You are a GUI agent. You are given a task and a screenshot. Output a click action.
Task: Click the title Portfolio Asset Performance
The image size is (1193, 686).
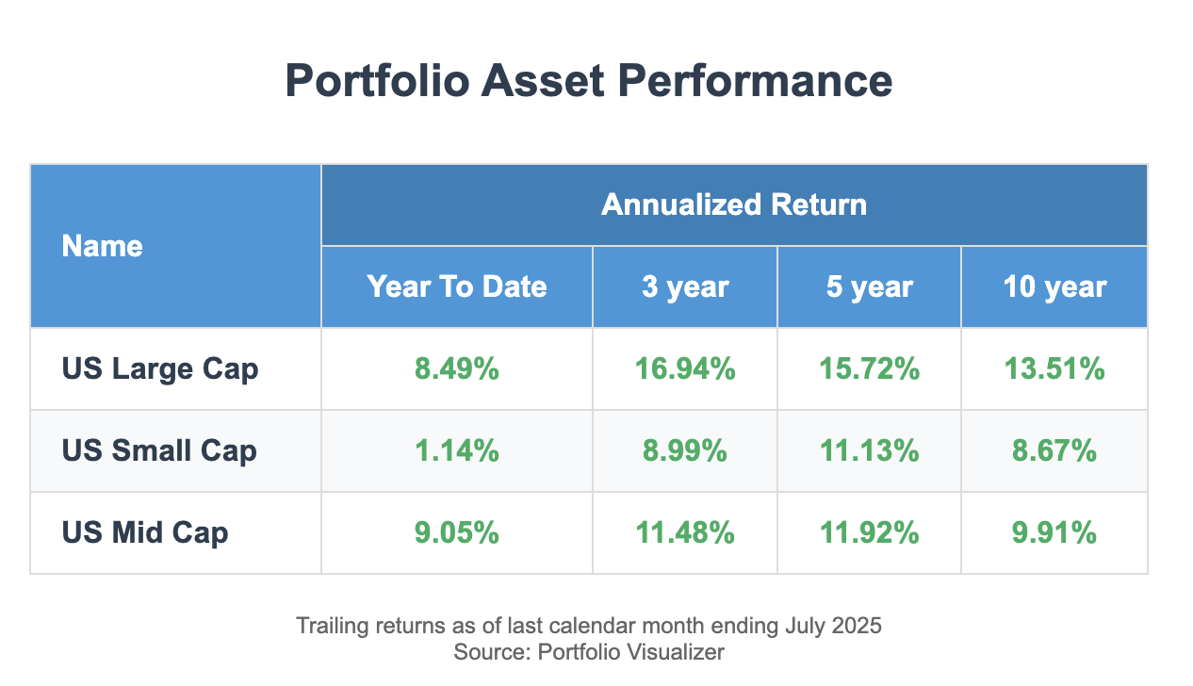[589, 81]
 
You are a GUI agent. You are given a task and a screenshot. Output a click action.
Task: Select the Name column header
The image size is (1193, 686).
[102, 247]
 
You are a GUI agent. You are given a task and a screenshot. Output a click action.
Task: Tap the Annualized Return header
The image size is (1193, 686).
[733, 204]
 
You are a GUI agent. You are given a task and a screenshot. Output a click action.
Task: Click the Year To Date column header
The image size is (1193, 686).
[456, 286]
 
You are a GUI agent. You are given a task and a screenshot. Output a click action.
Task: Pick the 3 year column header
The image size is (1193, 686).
[684, 286]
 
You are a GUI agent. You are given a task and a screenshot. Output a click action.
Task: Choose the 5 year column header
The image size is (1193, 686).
[869, 286]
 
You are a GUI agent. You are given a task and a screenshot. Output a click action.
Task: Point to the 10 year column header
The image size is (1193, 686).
[1054, 286]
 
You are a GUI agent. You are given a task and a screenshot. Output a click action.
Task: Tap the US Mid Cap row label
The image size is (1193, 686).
[145, 533]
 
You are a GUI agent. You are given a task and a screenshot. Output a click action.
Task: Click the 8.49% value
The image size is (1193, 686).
[456, 368]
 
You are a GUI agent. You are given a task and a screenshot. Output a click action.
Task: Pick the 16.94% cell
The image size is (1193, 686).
[684, 368]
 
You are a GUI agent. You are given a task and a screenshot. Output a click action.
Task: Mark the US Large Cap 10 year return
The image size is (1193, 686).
[1054, 368]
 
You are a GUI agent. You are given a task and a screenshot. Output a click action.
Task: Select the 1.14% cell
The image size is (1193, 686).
[456, 450]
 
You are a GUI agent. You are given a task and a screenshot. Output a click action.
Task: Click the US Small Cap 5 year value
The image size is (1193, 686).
[869, 450]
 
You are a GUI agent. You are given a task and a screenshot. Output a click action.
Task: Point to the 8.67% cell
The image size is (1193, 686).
[1054, 450]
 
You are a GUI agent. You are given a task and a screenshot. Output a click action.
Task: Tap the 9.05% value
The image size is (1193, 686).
[456, 533]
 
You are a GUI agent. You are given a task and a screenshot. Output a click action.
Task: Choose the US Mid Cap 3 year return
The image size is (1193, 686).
[684, 533]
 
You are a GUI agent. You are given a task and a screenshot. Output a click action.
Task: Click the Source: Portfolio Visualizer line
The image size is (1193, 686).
[589, 651]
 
